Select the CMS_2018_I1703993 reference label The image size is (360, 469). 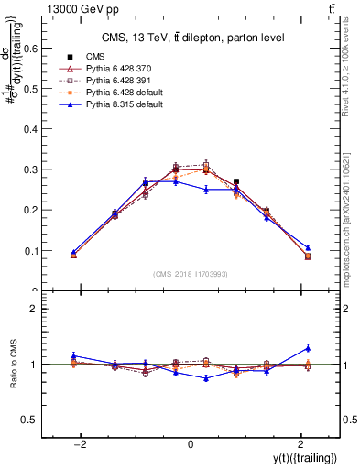tap(191, 274)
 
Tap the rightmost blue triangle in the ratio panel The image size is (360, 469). tap(308, 348)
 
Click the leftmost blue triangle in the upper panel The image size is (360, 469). tap(73, 252)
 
